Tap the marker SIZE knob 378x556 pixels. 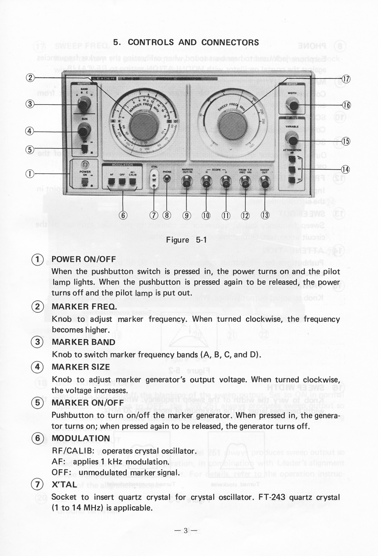[83, 131]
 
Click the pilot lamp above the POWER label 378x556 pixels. [85, 164]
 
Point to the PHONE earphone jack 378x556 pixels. [167, 179]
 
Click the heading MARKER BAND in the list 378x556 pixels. [83, 342]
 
